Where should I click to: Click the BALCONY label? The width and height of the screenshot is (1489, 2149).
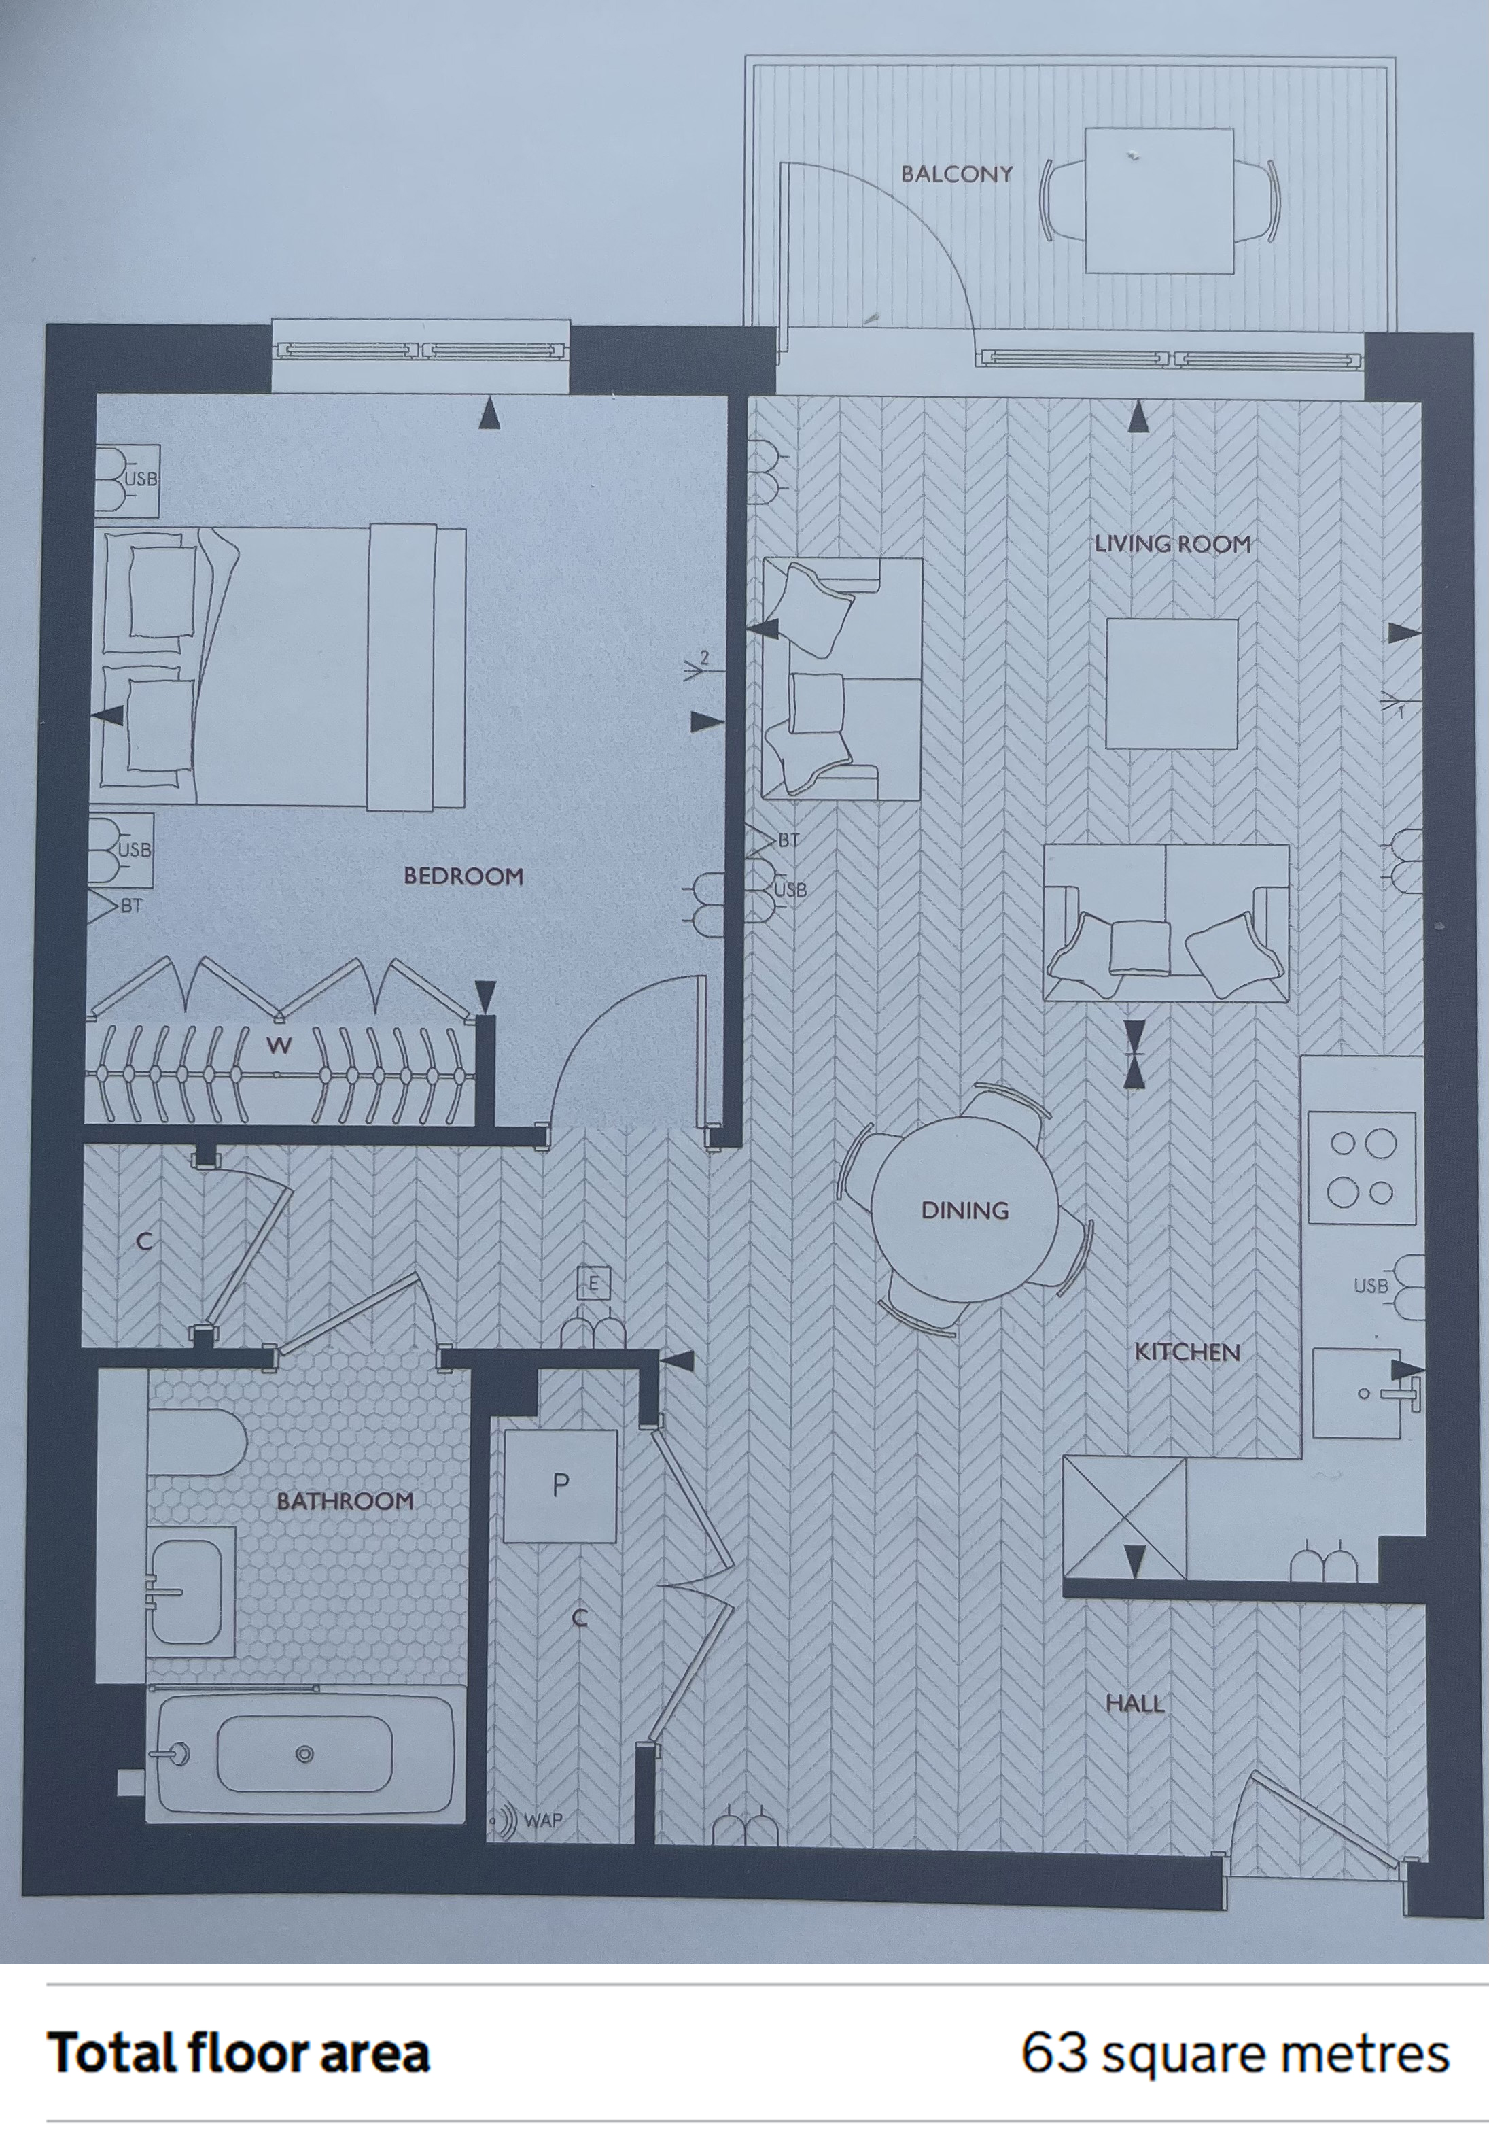956,173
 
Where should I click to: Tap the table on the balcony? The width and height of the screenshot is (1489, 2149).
1159,201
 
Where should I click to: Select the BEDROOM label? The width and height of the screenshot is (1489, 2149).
463,876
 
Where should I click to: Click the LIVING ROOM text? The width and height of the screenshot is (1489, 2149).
1173,543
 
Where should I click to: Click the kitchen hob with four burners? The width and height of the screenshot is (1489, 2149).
1362,1167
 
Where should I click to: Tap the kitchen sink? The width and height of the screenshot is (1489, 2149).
1357,1393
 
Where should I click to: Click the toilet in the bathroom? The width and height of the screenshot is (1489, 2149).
196,1442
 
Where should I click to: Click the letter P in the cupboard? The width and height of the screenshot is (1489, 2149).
561,1485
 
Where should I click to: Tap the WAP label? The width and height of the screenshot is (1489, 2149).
543,1819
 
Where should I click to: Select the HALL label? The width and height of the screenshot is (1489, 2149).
1134,1703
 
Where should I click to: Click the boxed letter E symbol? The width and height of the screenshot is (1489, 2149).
593,1284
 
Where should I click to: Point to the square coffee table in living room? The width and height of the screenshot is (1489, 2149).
1172,683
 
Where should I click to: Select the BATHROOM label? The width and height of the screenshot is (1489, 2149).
345,1500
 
